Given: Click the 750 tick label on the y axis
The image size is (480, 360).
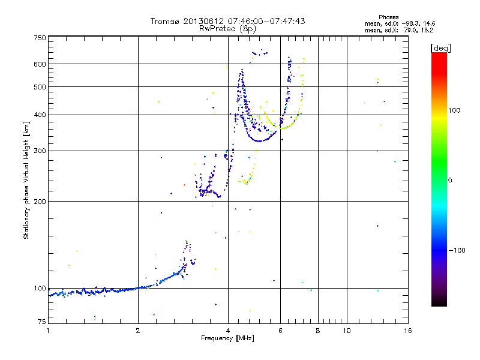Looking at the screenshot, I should point(40,38).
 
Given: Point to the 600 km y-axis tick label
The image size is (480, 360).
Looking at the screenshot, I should point(40,64).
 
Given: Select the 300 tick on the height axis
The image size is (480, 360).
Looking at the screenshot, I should point(40,151).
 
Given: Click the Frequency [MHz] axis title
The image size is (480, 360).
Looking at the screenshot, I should point(227,338).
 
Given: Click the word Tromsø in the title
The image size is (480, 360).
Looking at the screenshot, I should point(166,21).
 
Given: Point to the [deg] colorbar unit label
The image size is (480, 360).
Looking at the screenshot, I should point(440,47).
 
